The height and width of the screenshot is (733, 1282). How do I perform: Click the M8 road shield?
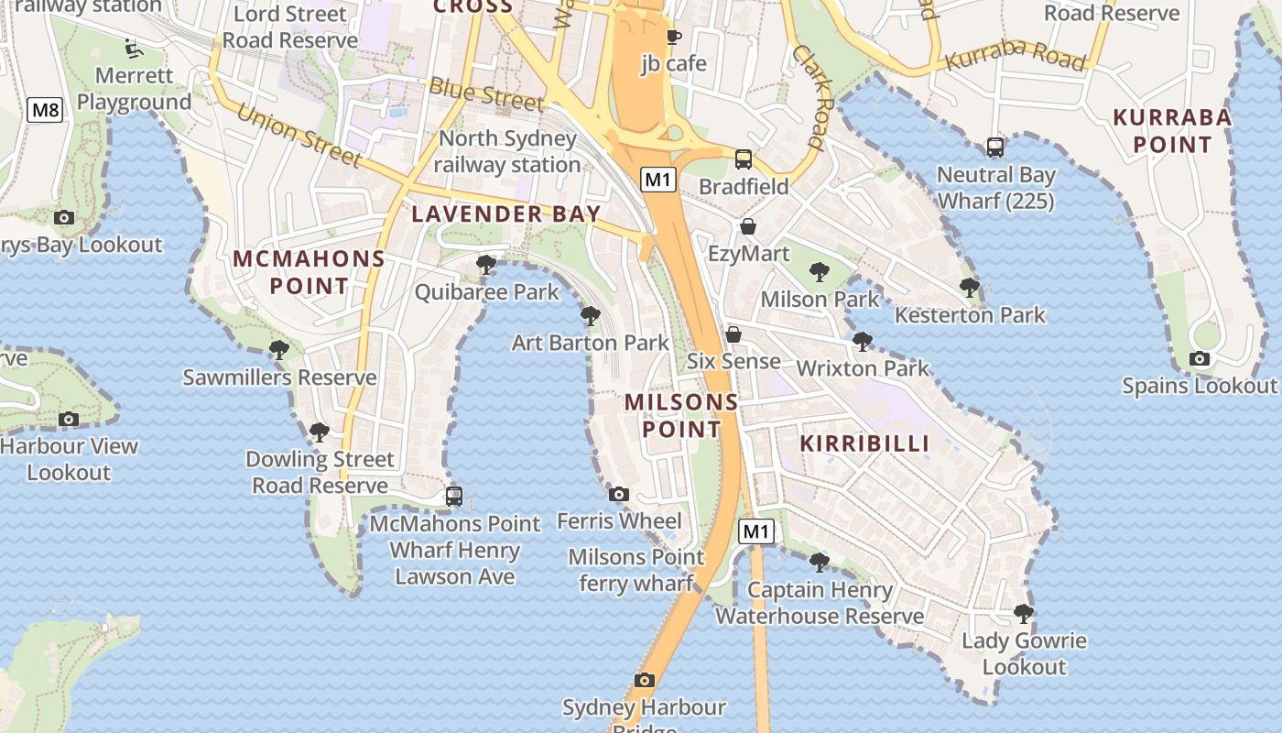45,111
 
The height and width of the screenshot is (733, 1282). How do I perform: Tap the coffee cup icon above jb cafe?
674,38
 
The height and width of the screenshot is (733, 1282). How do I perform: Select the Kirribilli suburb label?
864,443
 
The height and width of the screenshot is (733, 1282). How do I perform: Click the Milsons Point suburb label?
681,415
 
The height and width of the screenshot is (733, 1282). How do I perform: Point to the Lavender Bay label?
505,213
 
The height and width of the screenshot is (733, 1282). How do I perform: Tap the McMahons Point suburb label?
309,272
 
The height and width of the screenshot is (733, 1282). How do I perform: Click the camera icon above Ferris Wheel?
619,495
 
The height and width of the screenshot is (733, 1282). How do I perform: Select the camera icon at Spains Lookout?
1200,358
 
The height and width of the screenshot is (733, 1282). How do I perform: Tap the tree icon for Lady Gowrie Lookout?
1024,614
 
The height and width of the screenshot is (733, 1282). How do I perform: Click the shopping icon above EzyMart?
748,226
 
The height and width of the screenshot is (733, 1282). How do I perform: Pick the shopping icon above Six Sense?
733,334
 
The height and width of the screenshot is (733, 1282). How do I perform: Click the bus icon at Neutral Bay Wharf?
995,148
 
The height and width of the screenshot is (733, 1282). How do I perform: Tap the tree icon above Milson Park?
820,272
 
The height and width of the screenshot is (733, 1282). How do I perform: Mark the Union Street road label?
299,136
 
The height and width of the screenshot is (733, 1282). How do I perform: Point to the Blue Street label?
486,93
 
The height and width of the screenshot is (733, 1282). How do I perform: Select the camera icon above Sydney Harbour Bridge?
645,680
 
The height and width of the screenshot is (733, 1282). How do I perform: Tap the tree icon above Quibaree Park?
486,266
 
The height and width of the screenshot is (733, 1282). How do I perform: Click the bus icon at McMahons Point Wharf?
454,497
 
